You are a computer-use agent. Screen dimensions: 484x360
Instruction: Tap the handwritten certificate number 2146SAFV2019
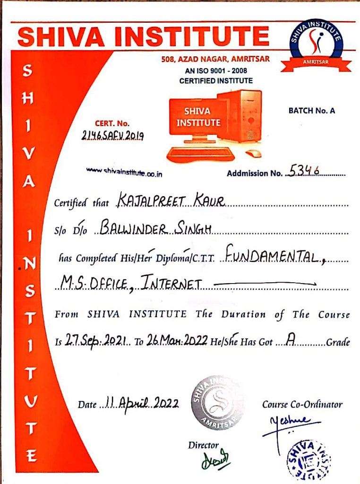(120, 136)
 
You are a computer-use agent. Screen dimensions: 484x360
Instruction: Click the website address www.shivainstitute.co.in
(125, 173)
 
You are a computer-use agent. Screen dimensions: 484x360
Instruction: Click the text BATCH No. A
(311, 111)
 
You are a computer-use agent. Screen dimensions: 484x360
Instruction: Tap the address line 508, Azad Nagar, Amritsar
(215, 59)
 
